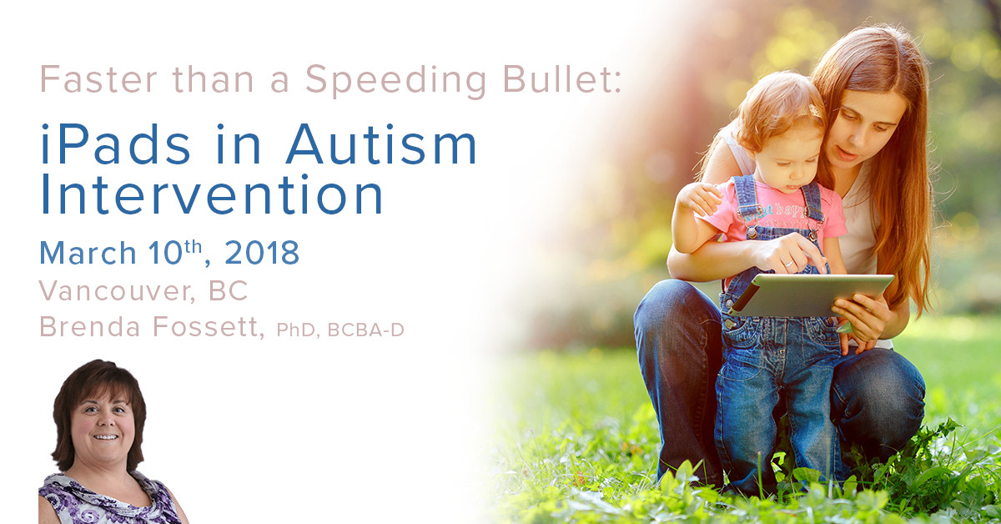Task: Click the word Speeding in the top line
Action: tap(396, 80)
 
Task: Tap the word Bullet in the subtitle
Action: tap(562, 78)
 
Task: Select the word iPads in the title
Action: tap(116, 144)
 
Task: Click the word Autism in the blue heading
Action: tap(381, 144)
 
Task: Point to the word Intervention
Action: tap(211, 194)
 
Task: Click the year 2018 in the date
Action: tap(261, 253)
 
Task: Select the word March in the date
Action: tap(88, 253)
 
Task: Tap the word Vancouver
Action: tap(117, 291)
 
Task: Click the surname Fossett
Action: tap(209, 327)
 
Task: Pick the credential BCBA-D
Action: tap(365, 330)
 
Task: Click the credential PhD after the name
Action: tap(296, 330)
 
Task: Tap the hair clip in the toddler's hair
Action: tap(816, 109)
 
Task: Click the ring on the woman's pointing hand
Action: tap(790, 264)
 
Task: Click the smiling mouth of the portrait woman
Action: tap(106, 437)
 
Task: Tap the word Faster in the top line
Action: tap(98, 78)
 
